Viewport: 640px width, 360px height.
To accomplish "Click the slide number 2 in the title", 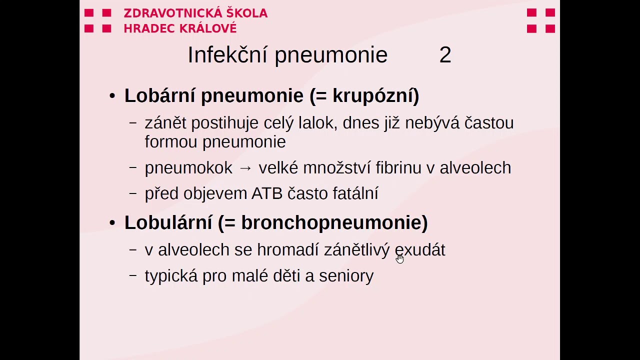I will click(445, 55).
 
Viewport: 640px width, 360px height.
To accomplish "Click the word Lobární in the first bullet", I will click(159, 95).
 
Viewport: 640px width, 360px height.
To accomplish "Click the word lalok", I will click(316, 123).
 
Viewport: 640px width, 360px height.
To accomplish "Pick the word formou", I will click(171, 142).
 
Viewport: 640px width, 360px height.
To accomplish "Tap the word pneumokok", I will click(188, 168).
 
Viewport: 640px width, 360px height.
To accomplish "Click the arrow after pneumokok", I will click(245, 168).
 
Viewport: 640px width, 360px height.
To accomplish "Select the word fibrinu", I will click(398, 168).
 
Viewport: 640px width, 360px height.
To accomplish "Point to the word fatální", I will click(355, 193).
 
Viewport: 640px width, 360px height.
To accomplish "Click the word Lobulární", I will click(168, 222).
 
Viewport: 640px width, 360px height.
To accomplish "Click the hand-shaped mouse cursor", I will click(399, 258).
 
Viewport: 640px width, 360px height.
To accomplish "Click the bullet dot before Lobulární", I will click(112, 222).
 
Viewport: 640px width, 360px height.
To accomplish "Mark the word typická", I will click(171, 276).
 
